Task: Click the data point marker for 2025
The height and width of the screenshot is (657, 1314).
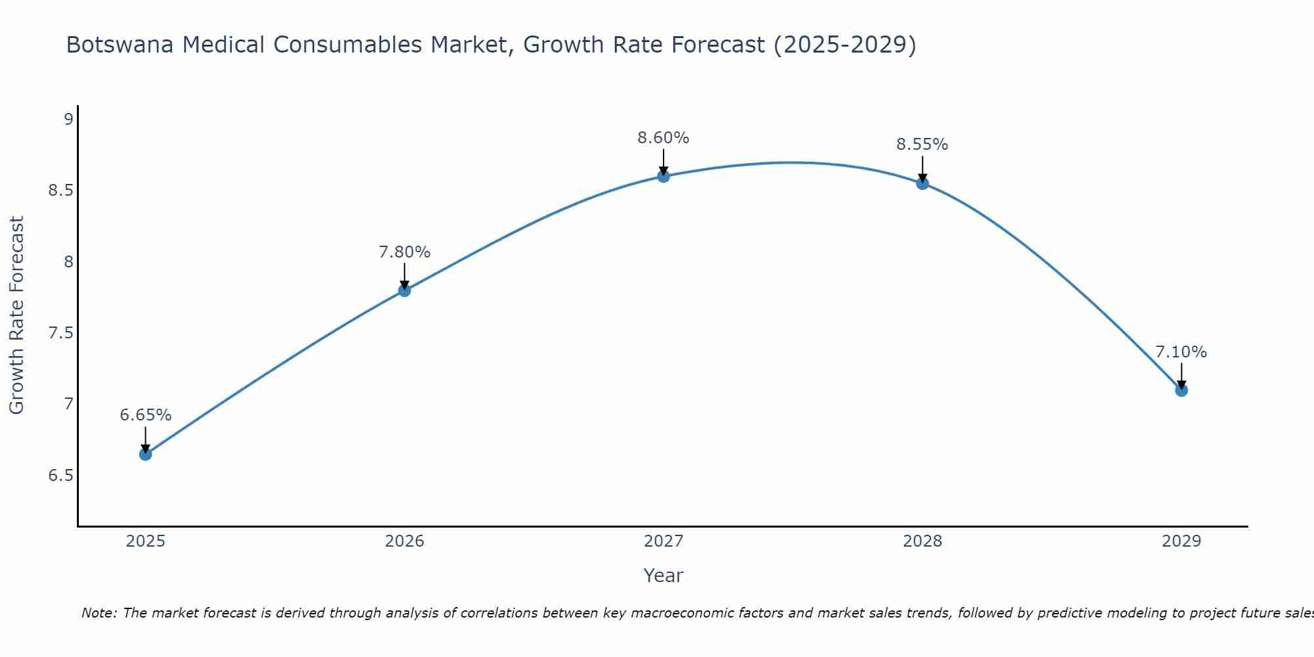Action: pos(145,454)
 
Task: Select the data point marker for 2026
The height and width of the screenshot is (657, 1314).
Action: pos(404,290)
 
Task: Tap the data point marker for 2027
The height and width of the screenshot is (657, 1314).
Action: pos(664,176)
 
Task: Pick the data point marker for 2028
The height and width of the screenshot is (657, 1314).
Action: pos(922,183)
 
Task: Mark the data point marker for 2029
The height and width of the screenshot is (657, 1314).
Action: pos(1181,390)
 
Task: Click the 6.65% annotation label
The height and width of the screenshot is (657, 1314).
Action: pos(145,415)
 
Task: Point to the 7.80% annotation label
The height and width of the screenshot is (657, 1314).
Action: pos(404,252)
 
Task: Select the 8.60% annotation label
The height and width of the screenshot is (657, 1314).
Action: pos(664,138)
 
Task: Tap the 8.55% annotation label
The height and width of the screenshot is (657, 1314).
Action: pos(922,145)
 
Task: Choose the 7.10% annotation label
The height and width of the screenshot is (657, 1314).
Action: pos(1181,352)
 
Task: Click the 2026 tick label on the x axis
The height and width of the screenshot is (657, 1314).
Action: pos(404,541)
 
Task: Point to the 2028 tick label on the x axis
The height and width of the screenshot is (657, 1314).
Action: pos(922,541)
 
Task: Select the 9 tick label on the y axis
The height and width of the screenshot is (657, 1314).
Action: pos(68,120)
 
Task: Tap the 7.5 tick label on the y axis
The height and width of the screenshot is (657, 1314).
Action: pos(60,333)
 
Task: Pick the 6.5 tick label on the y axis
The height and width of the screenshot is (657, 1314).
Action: pos(60,476)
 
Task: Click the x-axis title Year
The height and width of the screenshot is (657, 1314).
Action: pos(664,576)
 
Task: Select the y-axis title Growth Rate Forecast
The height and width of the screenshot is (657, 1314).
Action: pos(16,315)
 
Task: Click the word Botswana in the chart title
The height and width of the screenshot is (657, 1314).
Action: pos(120,45)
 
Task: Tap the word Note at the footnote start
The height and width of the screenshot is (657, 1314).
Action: pos(99,613)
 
